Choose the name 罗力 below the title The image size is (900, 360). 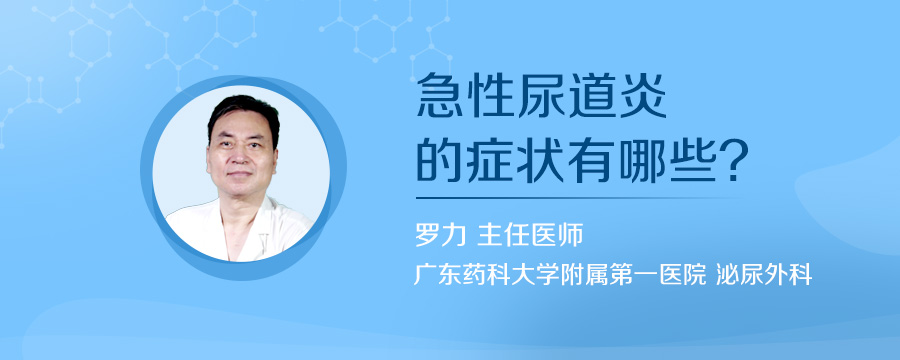point(438,236)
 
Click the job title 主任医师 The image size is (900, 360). point(530,236)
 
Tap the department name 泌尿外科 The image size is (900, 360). point(763,274)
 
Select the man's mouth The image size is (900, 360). point(244,182)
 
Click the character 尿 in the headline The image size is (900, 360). point(541,101)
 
